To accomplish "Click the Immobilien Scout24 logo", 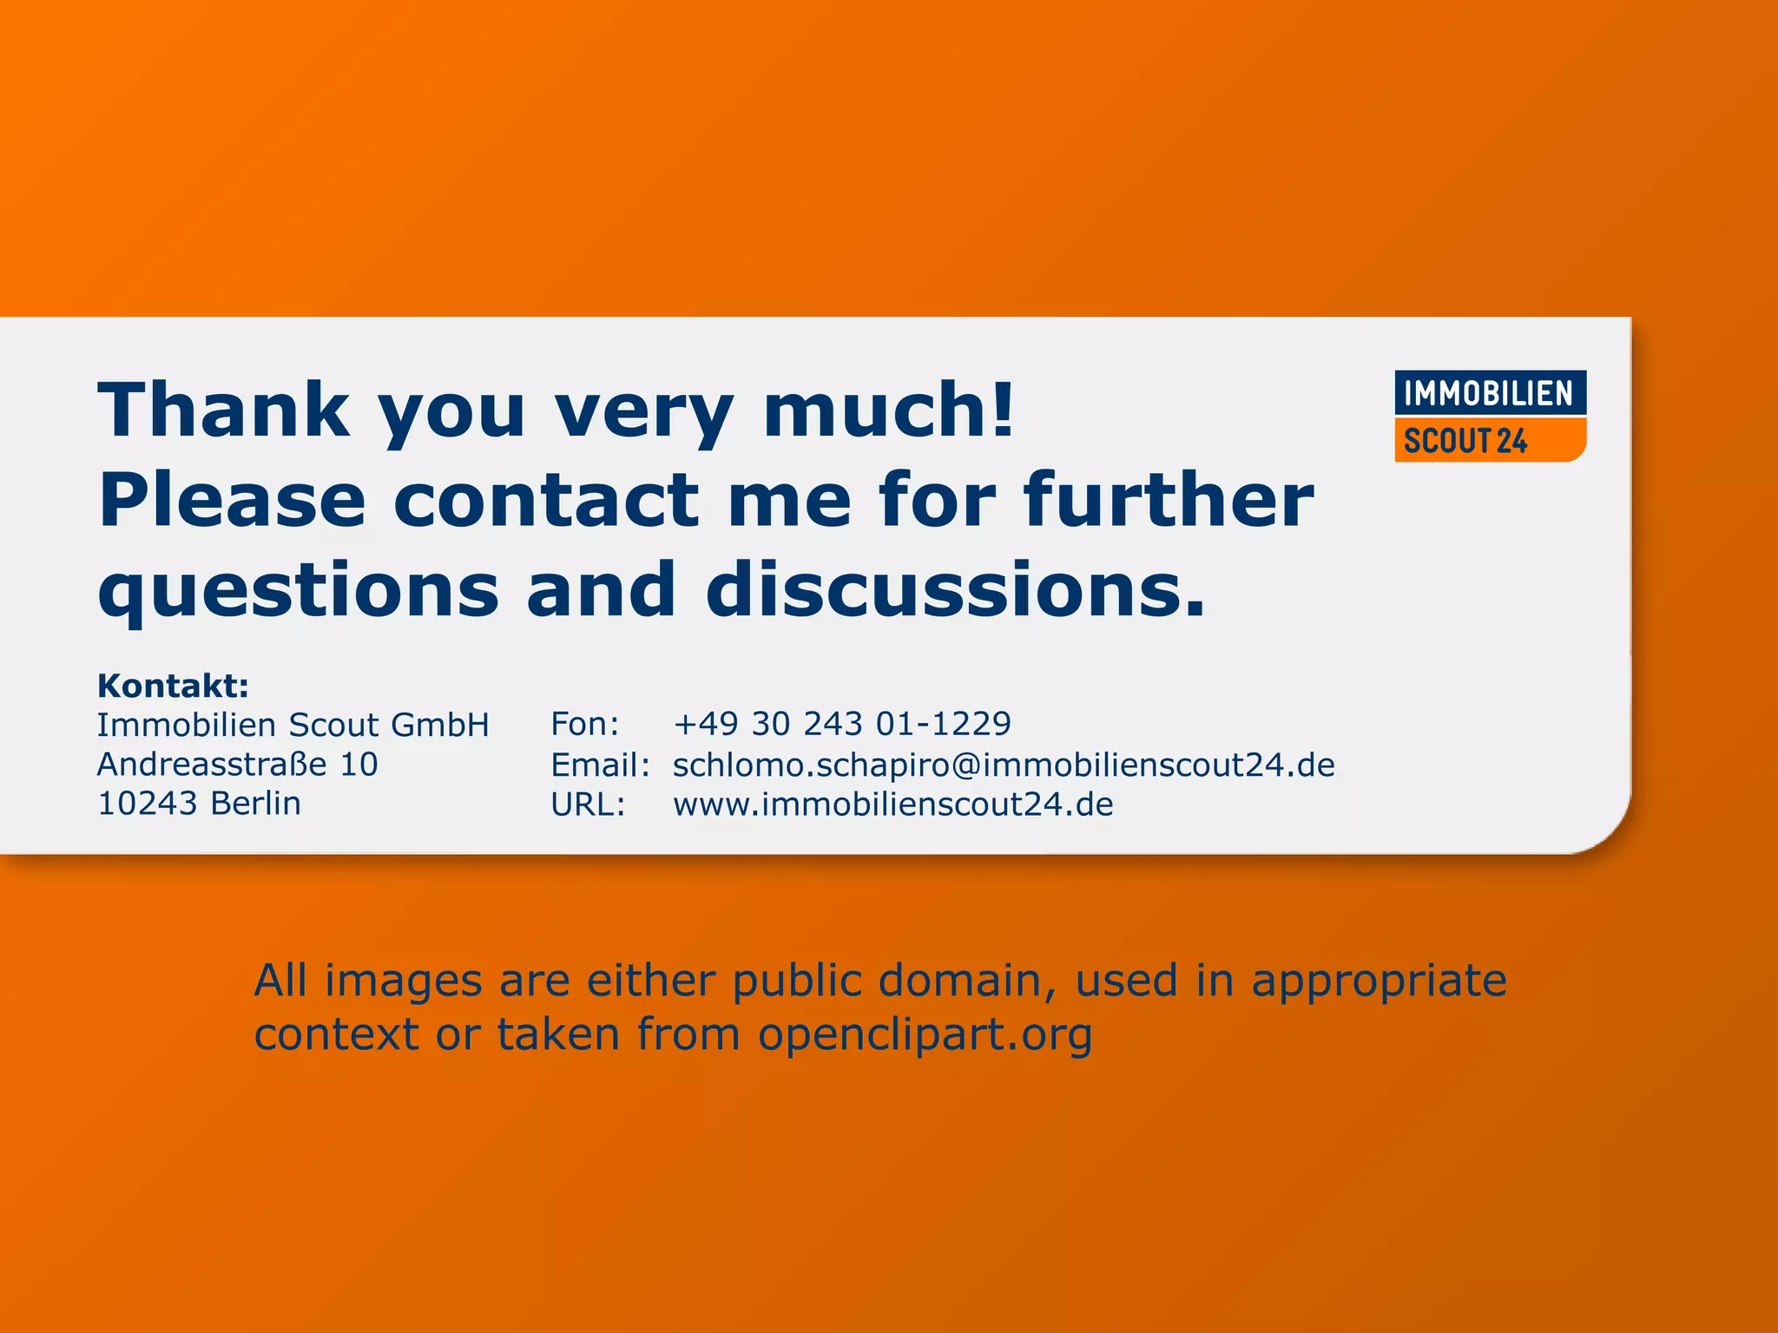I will pyautogui.click(x=1490, y=416).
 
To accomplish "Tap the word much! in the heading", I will pyautogui.click(x=888, y=410).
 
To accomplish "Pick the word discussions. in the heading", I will pyautogui.click(x=956, y=590).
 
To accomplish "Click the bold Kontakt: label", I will pyautogui.click(x=173, y=686).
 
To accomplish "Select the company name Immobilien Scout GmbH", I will pyautogui.click(x=293, y=725).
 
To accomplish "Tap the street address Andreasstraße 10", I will pyautogui.click(x=237, y=764).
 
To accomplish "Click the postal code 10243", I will pyautogui.click(x=148, y=804).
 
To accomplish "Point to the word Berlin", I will pyautogui.click(x=255, y=804).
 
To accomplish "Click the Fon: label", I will pyautogui.click(x=585, y=724).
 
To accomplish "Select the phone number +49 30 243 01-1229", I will pyautogui.click(x=842, y=724).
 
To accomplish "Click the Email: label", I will pyautogui.click(x=600, y=765).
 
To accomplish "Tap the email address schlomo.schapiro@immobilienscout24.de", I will pyautogui.click(x=1004, y=765).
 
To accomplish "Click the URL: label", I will pyautogui.click(x=588, y=804).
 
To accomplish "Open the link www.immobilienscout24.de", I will pyautogui.click(x=892, y=804).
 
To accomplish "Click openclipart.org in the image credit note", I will pyautogui.click(x=925, y=1035).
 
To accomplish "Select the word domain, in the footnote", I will pyautogui.click(x=966, y=982).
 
